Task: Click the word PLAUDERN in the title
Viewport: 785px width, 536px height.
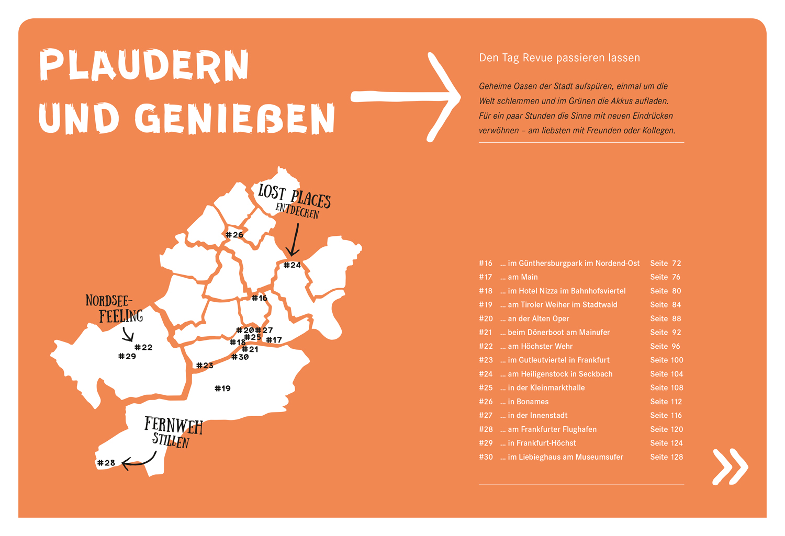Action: (x=144, y=65)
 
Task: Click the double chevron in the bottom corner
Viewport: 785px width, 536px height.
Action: (x=730, y=466)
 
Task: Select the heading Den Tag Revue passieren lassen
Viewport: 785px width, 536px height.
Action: (x=559, y=58)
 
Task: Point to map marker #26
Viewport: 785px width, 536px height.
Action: (x=234, y=235)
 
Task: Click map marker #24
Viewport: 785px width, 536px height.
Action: (x=292, y=265)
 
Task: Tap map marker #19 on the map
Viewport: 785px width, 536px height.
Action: (x=222, y=388)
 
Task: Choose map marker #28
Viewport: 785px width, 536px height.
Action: (x=106, y=463)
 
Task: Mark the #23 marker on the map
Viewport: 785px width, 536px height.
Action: (x=205, y=366)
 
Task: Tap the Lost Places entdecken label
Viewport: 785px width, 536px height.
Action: (x=295, y=201)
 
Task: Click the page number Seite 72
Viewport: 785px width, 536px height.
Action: (x=665, y=263)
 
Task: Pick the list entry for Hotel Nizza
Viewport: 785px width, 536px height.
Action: (x=563, y=291)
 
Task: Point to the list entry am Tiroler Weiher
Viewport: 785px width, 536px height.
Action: (x=558, y=304)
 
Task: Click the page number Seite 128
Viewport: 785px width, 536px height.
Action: (x=666, y=457)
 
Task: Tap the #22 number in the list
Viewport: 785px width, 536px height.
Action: (x=485, y=346)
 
